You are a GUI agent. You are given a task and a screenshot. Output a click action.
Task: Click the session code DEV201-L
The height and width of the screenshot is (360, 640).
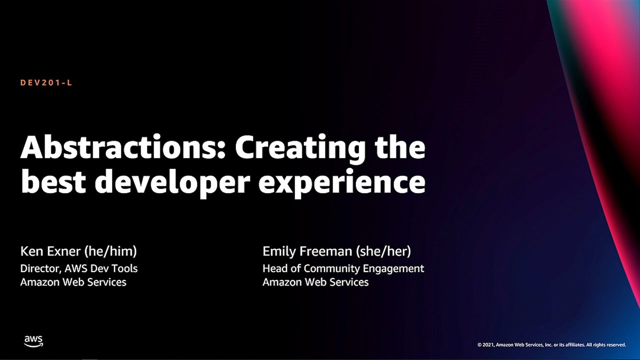tap(46, 83)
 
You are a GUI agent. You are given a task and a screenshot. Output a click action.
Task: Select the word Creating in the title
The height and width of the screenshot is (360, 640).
tap(300, 148)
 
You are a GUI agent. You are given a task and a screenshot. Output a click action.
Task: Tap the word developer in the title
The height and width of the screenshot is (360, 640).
tap(172, 183)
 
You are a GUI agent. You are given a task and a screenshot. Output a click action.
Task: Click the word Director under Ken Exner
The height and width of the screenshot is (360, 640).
tap(40, 268)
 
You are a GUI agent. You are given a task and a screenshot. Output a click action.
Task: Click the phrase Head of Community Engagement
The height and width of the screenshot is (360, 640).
tap(343, 268)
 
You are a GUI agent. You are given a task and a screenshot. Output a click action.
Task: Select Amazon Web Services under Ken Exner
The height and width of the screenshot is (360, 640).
tap(73, 282)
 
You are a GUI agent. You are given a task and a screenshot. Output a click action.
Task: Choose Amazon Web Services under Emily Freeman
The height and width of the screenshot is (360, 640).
tap(315, 282)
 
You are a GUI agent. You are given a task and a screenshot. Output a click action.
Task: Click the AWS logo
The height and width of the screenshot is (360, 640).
tap(33, 341)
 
